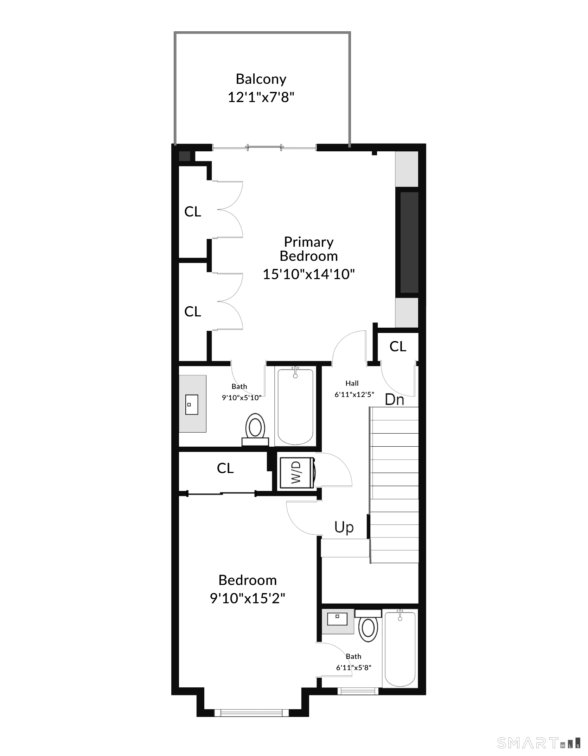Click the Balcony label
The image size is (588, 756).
261,80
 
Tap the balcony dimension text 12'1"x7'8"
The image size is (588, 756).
261,97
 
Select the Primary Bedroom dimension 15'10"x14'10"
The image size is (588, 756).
309,274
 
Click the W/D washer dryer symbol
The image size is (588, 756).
296,473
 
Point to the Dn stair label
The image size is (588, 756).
395,399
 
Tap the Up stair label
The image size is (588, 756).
344,528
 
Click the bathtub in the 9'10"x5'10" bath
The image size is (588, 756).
295,407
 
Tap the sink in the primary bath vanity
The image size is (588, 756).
192,404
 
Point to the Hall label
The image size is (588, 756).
352,383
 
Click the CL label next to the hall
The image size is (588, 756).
398,347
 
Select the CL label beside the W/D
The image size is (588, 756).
225,468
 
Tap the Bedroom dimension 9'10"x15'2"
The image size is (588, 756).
248,598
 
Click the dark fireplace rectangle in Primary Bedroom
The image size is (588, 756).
409,242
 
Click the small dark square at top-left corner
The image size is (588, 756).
184,156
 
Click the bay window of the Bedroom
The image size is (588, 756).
251,713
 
